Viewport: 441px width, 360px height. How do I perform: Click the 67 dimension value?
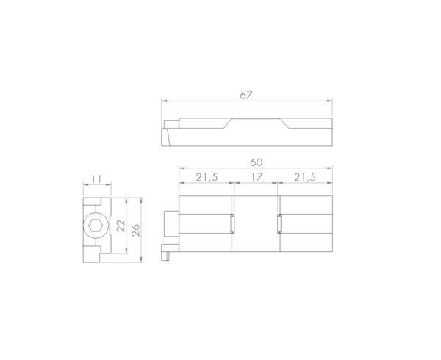coord(246,96)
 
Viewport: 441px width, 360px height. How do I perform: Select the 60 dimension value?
coord(257,162)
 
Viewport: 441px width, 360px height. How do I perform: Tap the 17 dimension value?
coord(257,177)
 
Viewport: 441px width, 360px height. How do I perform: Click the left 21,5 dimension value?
coord(207,177)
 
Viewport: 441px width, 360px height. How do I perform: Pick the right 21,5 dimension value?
coord(305,177)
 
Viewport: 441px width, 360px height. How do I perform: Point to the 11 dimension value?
coord(96,179)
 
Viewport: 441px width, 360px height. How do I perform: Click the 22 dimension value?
coord(121,226)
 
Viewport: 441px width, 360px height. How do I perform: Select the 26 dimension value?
coord(135,230)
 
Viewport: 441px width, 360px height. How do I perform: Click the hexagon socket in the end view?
coord(96,226)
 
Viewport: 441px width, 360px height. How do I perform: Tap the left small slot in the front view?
coord(232,223)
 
